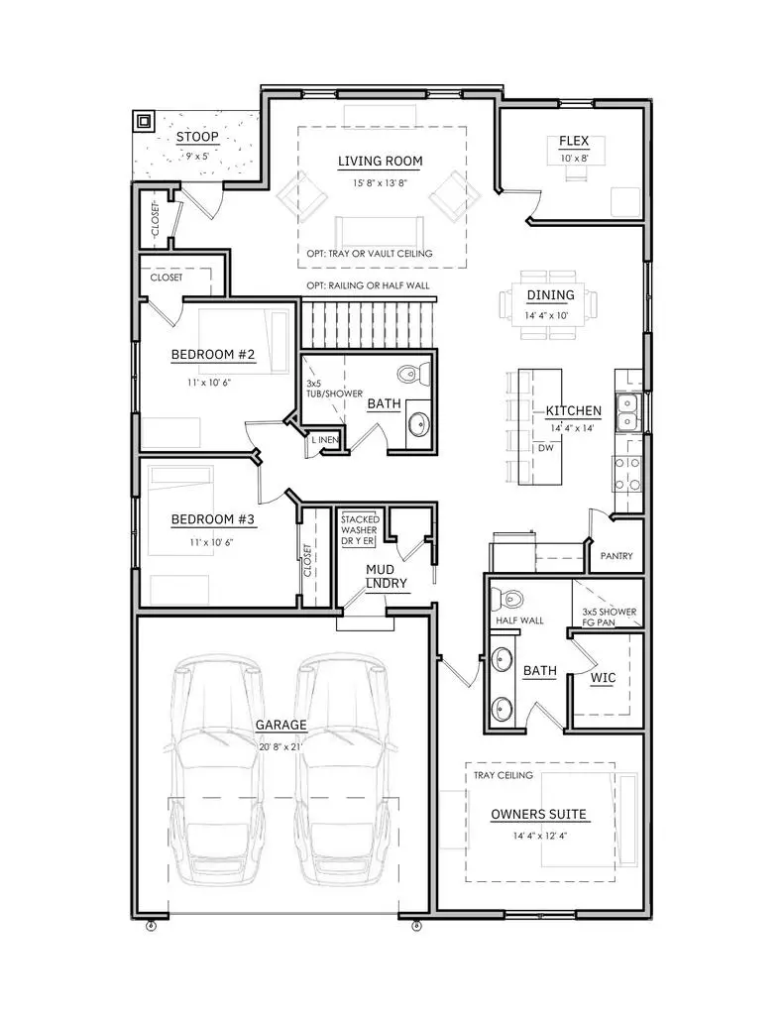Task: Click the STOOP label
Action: coord(197,138)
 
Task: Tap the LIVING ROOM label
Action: coord(380,161)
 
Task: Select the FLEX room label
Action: coord(574,142)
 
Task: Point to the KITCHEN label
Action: coord(573,410)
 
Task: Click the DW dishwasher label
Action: coord(545,447)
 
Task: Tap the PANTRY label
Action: coord(616,556)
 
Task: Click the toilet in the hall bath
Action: coord(412,375)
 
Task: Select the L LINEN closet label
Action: coord(326,440)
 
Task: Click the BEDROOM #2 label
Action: coord(214,355)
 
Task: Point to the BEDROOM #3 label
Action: coord(214,519)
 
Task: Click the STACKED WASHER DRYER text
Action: coord(359,530)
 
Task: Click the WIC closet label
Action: coord(604,678)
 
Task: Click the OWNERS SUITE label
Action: coord(539,815)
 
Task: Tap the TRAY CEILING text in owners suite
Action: coord(503,775)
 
